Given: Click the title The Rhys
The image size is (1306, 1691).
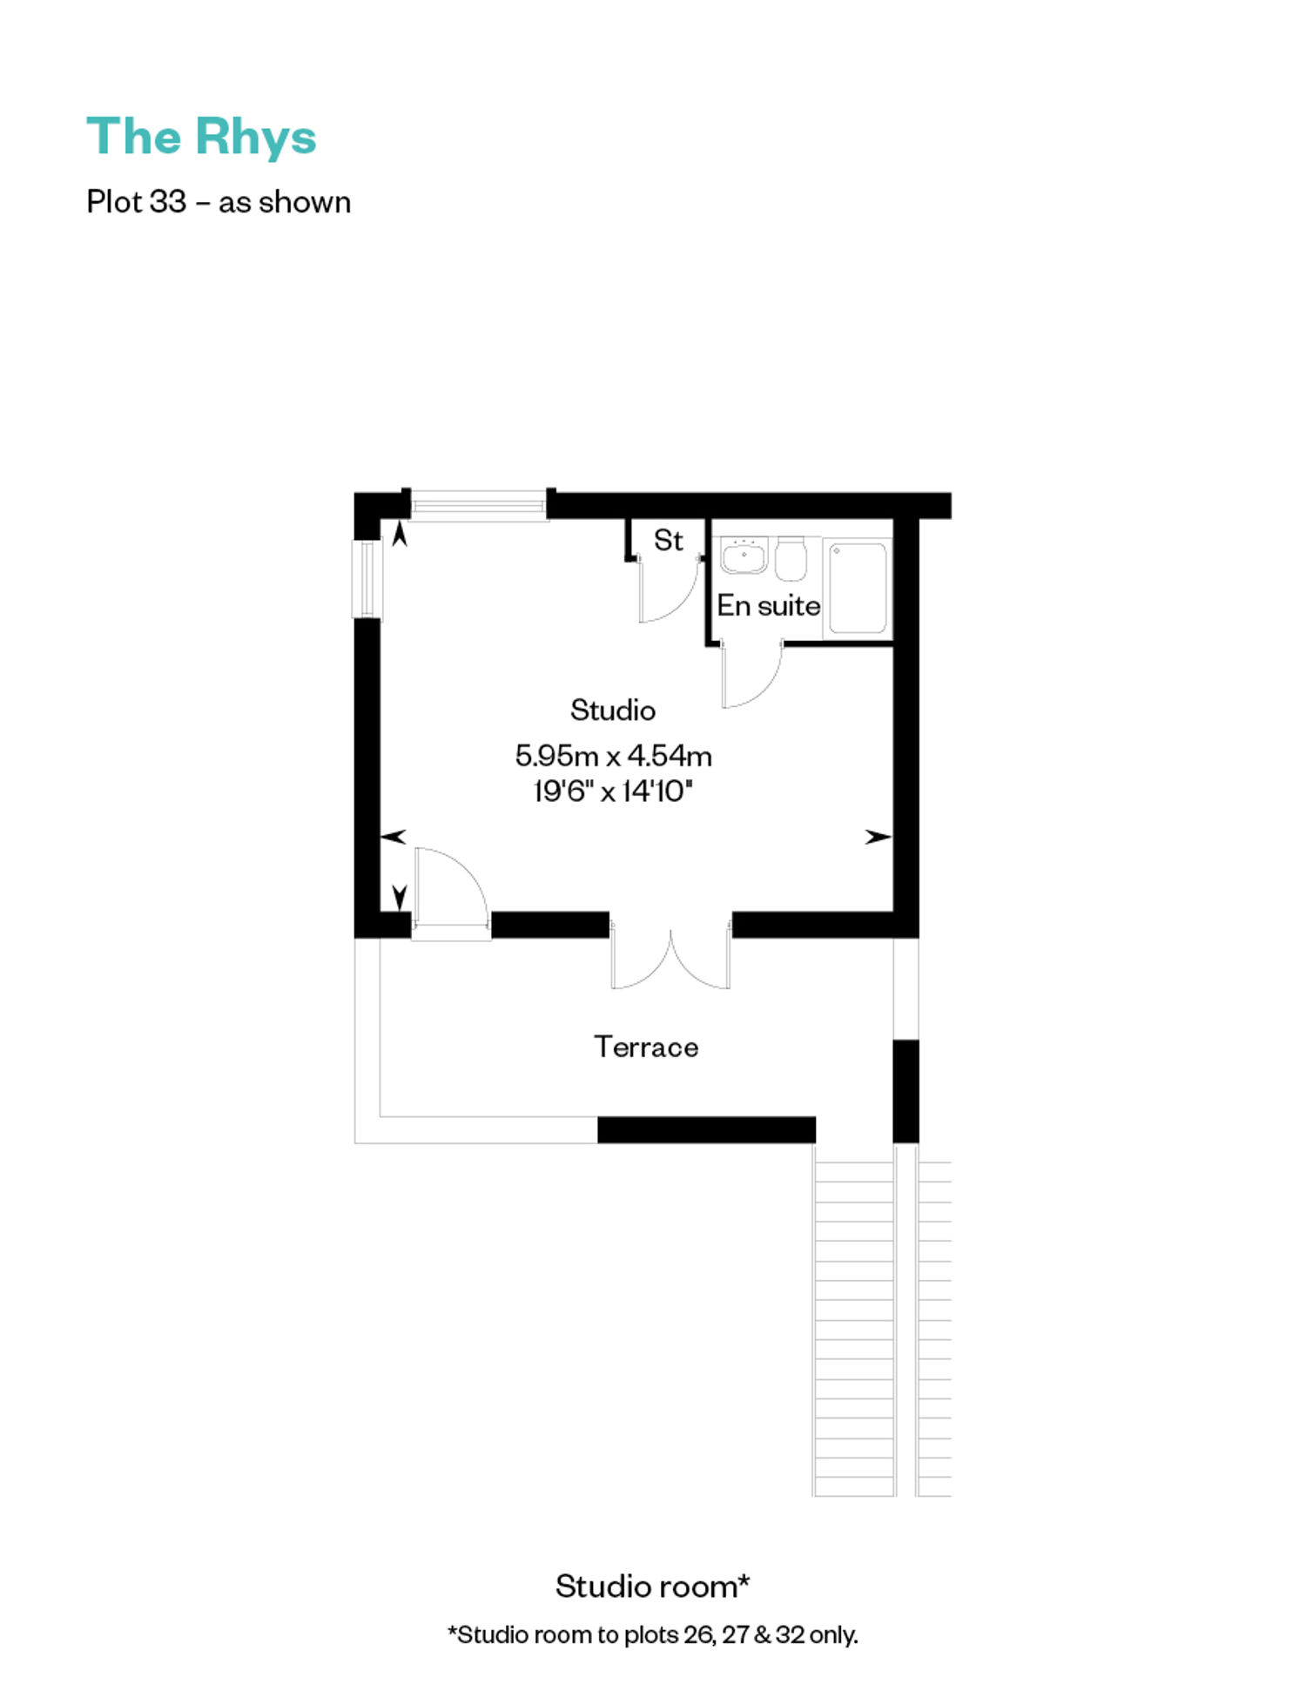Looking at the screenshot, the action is click(201, 137).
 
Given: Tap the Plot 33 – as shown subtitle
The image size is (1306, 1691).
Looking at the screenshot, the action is click(219, 202).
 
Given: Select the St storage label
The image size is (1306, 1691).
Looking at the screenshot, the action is click(668, 541).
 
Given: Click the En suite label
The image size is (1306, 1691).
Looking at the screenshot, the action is click(768, 606).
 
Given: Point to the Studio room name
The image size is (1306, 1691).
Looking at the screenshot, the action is click(612, 711).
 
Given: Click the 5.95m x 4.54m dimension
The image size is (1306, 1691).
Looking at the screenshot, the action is click(613, 756).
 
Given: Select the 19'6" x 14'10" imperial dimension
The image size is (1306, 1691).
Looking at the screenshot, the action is click(613, 792).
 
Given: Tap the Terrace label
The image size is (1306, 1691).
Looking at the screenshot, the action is click(646, 1047).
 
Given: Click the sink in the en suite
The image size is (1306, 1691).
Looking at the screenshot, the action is click(744, 556).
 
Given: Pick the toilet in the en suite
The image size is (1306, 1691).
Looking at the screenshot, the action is click(791, 559).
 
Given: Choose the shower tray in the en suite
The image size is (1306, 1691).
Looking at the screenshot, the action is click(858, 588).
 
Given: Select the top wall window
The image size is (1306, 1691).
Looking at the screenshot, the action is click(478, 505).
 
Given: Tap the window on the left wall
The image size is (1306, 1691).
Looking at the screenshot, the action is click(367, 579).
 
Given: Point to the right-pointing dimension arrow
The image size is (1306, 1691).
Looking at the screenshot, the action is click(878, 837).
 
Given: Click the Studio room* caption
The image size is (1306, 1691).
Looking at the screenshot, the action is click(652, 1587).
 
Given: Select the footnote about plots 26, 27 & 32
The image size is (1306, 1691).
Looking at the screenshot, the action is click(652, 1634).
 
